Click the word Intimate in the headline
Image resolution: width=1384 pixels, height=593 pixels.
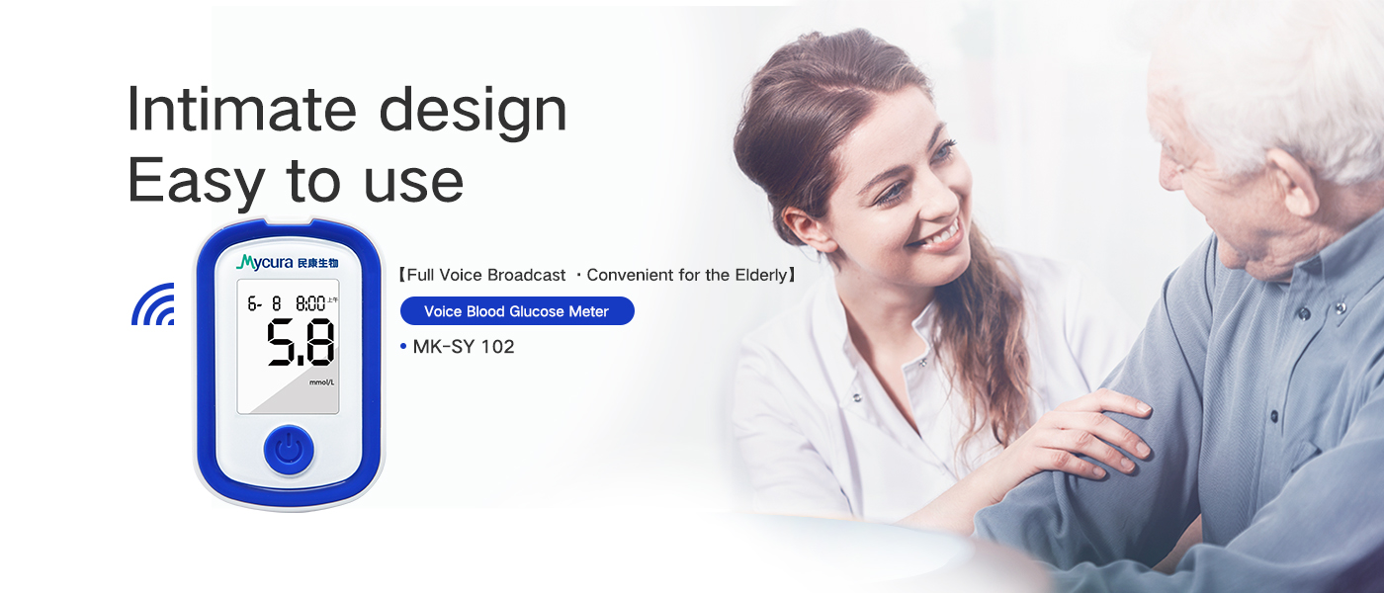241,110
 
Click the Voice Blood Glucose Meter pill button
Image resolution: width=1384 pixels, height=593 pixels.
517,310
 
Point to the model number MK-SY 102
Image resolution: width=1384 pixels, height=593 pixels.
464,347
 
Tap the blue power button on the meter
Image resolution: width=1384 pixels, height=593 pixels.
289,450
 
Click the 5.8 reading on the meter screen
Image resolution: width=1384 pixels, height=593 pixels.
301,342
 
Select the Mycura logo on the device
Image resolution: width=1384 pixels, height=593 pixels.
288,263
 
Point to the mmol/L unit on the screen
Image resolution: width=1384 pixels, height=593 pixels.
322,382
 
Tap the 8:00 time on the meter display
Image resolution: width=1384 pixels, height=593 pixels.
310,303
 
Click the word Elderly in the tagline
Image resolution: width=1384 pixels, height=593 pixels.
760,275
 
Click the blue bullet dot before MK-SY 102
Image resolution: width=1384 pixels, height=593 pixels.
403,347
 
